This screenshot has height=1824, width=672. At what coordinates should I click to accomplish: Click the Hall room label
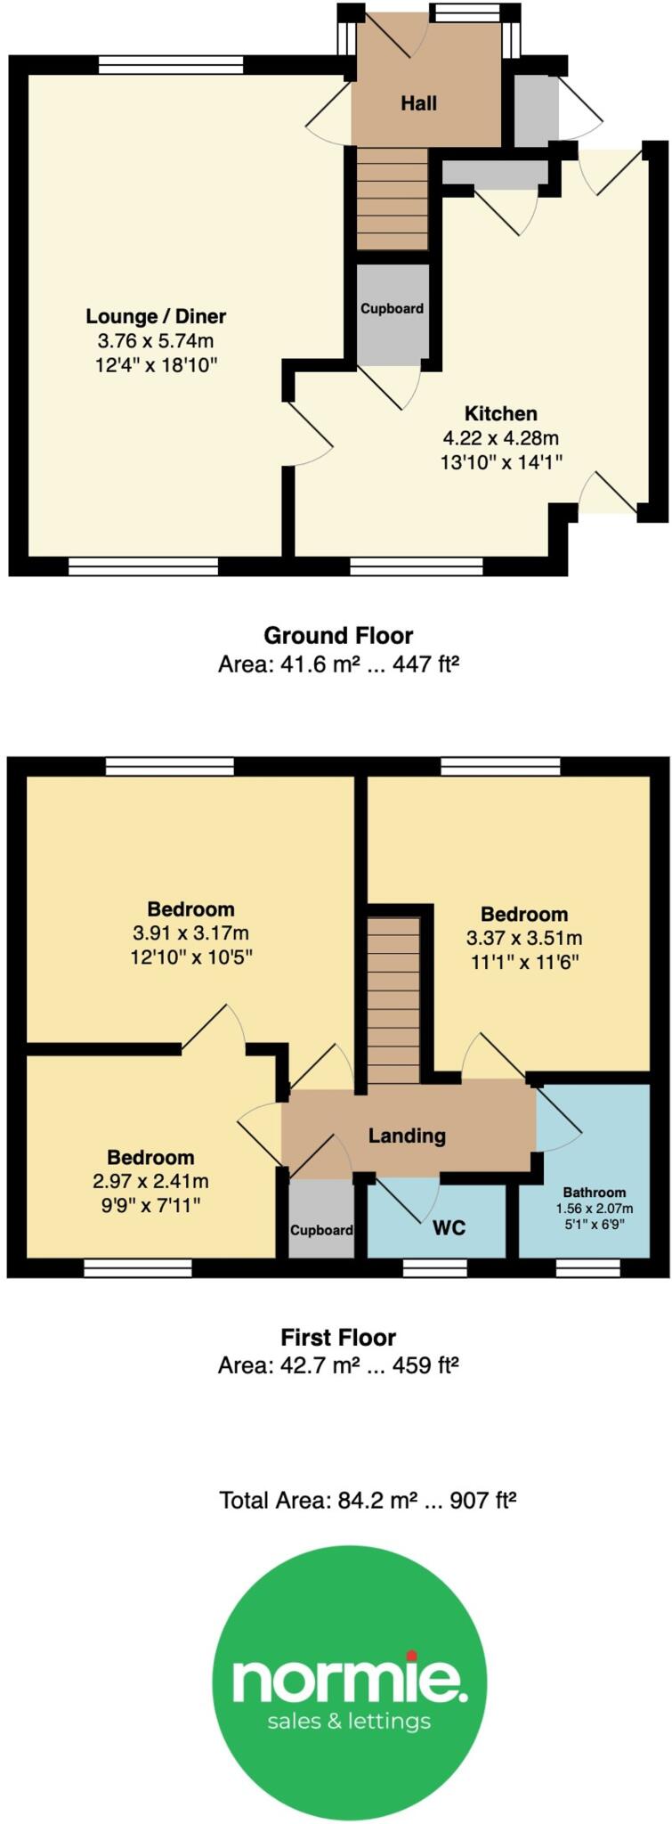coord(417,103)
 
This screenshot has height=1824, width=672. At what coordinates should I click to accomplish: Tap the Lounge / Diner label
coord(156,316)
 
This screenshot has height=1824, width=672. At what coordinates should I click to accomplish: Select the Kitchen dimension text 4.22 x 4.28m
coord(500,437)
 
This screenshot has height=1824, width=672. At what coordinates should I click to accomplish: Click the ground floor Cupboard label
coord(392,309)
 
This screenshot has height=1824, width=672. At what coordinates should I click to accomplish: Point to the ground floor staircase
coord(392,199)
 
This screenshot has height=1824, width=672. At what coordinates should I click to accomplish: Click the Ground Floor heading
coord(337,636)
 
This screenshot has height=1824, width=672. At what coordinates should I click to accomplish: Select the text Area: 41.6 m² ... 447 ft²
coord(337,664)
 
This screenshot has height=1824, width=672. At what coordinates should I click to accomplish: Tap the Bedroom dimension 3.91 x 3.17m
coord(190,933)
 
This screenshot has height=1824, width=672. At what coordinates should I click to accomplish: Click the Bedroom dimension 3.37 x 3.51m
coord(523,938)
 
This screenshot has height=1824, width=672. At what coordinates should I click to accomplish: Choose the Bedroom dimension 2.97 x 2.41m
coord(150,1181)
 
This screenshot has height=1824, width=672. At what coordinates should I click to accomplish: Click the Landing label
coord(407,1136)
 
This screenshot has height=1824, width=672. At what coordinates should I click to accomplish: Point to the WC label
coord(449,1228)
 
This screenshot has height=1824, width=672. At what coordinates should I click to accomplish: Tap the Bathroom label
coord(594,1192)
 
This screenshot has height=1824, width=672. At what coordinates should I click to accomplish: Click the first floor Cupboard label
coord(321,1230)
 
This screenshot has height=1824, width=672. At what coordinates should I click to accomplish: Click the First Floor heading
coord(337,1337)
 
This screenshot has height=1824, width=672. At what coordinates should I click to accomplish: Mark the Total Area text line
coord(368,1501)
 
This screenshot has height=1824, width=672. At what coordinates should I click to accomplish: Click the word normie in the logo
coord(349,1678)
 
